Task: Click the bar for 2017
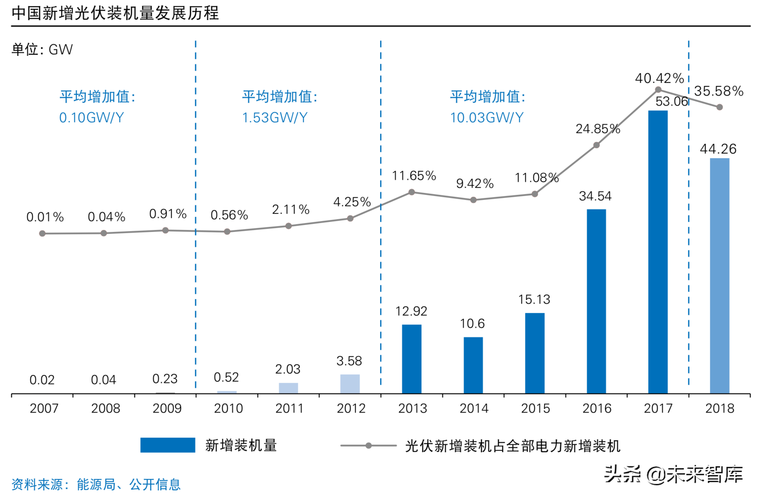tap(657, 252)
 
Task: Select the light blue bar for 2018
tap(719, 276)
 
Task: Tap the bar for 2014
tap(473, 365)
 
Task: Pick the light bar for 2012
tap(350, 384)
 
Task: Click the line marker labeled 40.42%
tap(658, 90)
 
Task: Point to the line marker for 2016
tap(596, 145)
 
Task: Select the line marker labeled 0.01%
tap(42, 234)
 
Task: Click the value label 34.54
tap(595, 196)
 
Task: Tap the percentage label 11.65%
tap(414, 176)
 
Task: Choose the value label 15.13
tap(534, 300)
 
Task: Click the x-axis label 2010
tap(228, 408)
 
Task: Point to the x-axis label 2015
tap(535, 408)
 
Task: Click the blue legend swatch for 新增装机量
tap(167, 445)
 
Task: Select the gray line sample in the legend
tap(368, 445)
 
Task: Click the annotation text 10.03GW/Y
tap(487, 118)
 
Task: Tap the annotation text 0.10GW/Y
tap(91, 118)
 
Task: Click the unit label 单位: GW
tap(42, 49)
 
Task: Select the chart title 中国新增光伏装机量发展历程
tap(115, 13)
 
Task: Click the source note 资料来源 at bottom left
tap(96, 484)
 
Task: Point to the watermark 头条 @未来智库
tap(673, 474)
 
